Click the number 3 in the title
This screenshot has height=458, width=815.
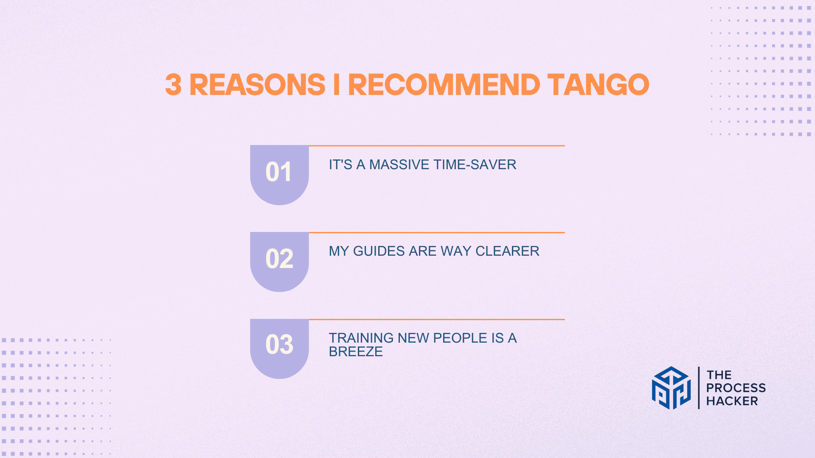coord(173,84)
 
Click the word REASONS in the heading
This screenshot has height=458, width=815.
coord(257,84)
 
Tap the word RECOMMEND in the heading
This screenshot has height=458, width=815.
coord(444,84)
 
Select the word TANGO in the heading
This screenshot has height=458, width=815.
coord(599,84)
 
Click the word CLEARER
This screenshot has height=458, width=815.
coord(507,251)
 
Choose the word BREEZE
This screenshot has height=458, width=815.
coord(356,352)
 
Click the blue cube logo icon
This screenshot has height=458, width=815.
coord(671,388)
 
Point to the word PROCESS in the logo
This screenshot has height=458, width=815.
coord(736,388)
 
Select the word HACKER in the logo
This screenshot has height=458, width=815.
coord(732,401)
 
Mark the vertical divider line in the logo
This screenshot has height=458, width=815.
coord(699,388)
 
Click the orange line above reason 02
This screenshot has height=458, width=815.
coord(437,232)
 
